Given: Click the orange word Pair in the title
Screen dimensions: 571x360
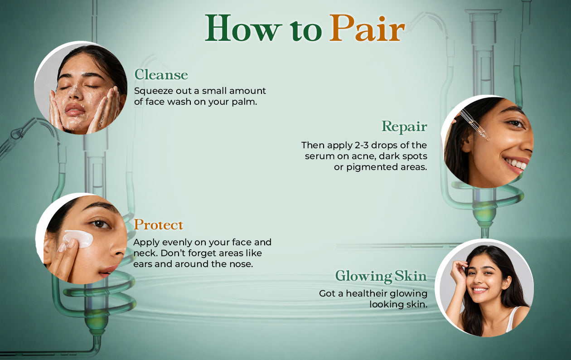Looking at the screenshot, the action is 367,28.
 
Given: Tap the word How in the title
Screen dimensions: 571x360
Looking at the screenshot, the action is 243,28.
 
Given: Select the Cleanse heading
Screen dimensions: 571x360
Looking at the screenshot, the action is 161,75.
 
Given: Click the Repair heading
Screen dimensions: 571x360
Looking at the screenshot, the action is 404,126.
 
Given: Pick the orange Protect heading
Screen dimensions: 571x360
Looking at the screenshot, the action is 158,225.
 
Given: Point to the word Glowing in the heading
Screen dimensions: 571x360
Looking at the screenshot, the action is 363,277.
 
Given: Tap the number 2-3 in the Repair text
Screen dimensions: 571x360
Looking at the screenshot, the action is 362,145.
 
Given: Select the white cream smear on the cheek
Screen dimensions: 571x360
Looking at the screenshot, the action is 78,239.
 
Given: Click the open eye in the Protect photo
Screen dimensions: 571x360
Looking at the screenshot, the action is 100,224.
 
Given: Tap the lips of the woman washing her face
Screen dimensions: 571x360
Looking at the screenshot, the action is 74,110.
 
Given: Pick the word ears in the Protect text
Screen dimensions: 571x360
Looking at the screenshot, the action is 142,264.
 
